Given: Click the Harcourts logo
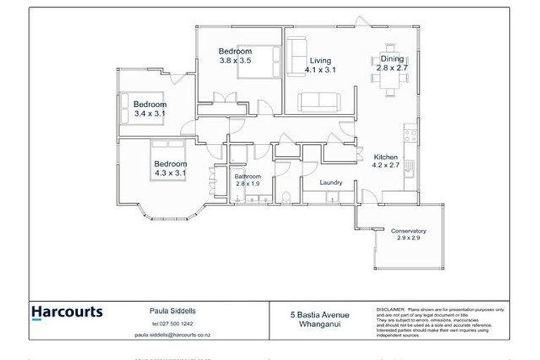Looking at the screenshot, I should pos(67,311).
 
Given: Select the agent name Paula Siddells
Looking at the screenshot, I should pos(172,309).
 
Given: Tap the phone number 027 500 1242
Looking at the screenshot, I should pos(172,323).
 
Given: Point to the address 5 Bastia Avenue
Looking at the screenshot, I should pos(320,315).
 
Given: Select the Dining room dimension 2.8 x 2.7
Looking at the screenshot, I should pos(392,68).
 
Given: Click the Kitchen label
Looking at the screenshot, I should pos(385,157).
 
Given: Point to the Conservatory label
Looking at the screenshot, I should pos(409,231).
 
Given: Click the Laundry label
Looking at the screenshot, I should pos(330,183).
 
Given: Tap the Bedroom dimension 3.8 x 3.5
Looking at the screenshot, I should pos(235,61).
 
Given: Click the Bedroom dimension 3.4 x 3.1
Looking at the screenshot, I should pos(149,114).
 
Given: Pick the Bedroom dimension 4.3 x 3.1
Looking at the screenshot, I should pos(170,173).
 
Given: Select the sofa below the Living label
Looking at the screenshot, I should pos(320,101).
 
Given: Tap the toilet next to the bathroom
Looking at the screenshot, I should pos(287,195).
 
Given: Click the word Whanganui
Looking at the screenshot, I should pos(320,324).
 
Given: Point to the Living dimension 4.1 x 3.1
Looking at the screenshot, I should pos(321,70).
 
